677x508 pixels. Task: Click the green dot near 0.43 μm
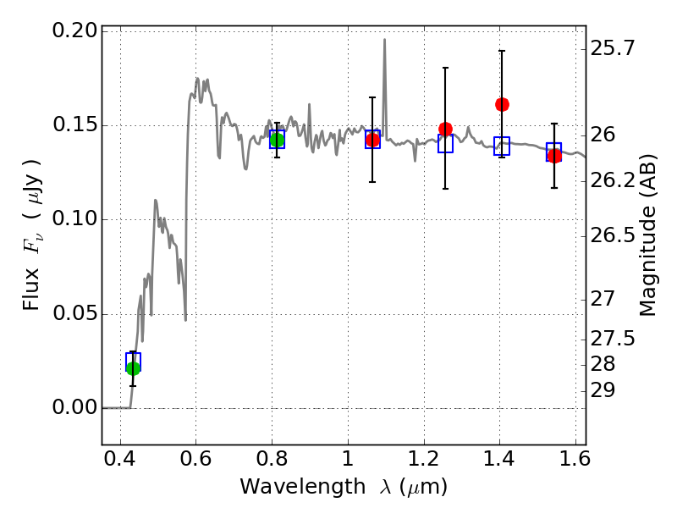(134, 368)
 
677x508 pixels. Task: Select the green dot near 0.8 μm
(278, 140)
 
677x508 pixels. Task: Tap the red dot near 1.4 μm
(502, 104)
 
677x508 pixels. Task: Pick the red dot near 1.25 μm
(446, 129)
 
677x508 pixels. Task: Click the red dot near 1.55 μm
(554, 156)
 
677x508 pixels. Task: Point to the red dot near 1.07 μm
(372, 140)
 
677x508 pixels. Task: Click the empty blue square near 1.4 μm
(502, 146)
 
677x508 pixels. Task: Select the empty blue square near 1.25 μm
(446, 143)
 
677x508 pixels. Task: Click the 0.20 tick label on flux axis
(74, 30)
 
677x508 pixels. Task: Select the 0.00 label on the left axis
(74, 407)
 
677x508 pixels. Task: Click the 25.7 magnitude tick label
(612, 48)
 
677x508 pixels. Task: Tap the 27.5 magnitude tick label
(612, 338)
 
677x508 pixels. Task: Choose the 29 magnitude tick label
(603, 390)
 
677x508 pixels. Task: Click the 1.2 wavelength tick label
(424, 458)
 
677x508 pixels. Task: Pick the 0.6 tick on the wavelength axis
(195, 458)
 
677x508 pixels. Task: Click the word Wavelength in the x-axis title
(303, 487)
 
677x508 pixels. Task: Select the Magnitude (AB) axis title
(647, 235)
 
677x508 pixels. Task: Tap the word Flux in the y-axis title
(31, 289)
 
